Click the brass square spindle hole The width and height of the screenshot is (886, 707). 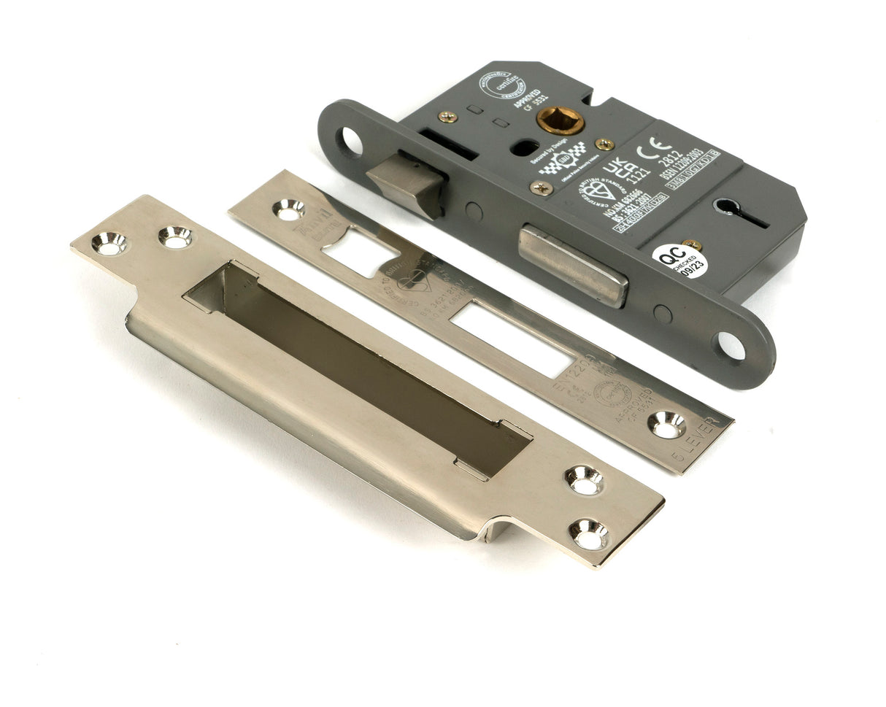click(x=561, y=120)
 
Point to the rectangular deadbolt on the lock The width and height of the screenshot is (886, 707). click(x=574, y=266)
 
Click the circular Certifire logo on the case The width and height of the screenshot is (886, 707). click(x=499, y=85)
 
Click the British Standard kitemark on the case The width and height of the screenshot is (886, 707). click(x=590, y=190)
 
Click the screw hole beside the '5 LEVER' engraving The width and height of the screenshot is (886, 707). click(x=667, y=424)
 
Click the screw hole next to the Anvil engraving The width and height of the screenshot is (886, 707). click(x=289, y=209)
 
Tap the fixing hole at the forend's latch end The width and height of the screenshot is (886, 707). click(x=350, y=141)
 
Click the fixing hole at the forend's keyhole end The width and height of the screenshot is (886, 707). click(x=730, y=346)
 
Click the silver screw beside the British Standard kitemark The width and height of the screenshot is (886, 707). click(x=541, y=188)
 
